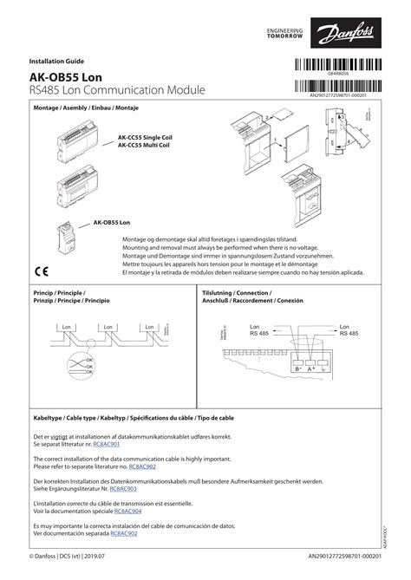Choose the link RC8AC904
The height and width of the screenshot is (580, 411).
(x=130, y=511)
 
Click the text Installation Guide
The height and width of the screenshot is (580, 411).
(x=55, y=62)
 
